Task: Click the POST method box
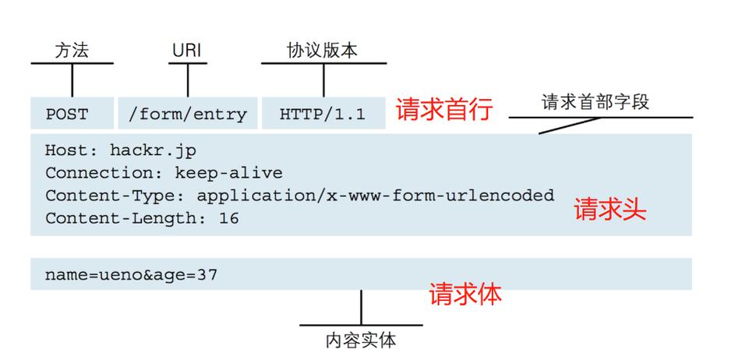click(72, 114)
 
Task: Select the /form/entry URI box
click(187, 114)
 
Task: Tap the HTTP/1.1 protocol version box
click(323, 114)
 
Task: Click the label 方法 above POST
click(72, 51)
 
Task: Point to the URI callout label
click(187, 51)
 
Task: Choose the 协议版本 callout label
click(322, 51)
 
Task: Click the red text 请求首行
click(444, 111)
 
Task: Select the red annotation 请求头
click(610, 210)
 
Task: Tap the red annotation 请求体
click(465, 294)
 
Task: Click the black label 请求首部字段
click(595, 102)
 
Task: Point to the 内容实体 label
click(361, 341)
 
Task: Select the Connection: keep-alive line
click(164, 173)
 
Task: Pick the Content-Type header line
click(299, 195)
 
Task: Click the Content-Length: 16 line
click(142, 218)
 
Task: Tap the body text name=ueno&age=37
click(131, 274)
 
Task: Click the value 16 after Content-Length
click(228, 218)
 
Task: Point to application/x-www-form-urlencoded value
click(375, 195)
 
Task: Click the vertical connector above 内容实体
click(361, 307)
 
